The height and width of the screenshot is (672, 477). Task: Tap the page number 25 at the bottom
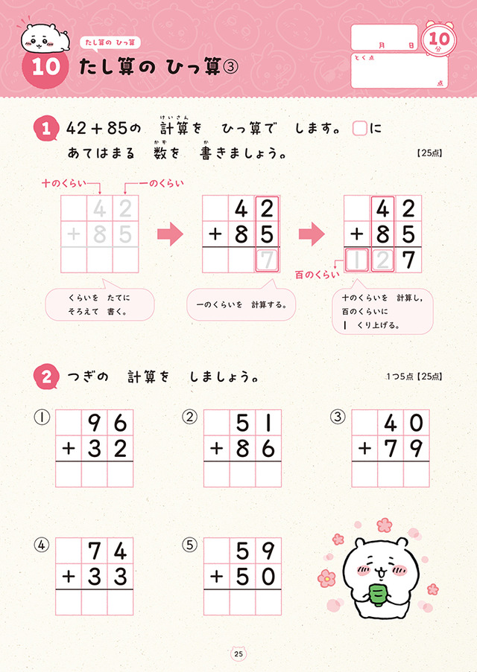point(238,653)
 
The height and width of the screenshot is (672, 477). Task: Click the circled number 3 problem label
point(338,417)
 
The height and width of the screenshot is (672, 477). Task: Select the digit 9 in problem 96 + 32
point(94,423)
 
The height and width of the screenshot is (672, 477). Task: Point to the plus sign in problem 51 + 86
point(216,449)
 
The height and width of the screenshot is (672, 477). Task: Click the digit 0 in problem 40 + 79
point(416,423)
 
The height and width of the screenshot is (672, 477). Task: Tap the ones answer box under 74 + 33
point(120,602)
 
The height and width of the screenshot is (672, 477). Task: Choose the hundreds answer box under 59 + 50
point(217,602)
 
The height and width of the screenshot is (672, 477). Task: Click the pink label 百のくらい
point(318,275)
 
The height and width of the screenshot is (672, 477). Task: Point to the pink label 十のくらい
point(63,184)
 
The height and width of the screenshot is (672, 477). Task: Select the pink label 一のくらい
point(161,184)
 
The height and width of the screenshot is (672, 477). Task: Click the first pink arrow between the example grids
point(170,234)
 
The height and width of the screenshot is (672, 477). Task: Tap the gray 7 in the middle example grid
point(267,260)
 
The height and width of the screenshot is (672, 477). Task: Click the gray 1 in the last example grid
point(357,260)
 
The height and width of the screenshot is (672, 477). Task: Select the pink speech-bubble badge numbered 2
point(46,377)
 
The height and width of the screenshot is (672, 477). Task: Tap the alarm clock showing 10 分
point(439,39)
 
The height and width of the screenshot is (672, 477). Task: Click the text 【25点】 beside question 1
point(429,153)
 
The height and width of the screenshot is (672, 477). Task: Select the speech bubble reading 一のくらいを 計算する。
point(241,302)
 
